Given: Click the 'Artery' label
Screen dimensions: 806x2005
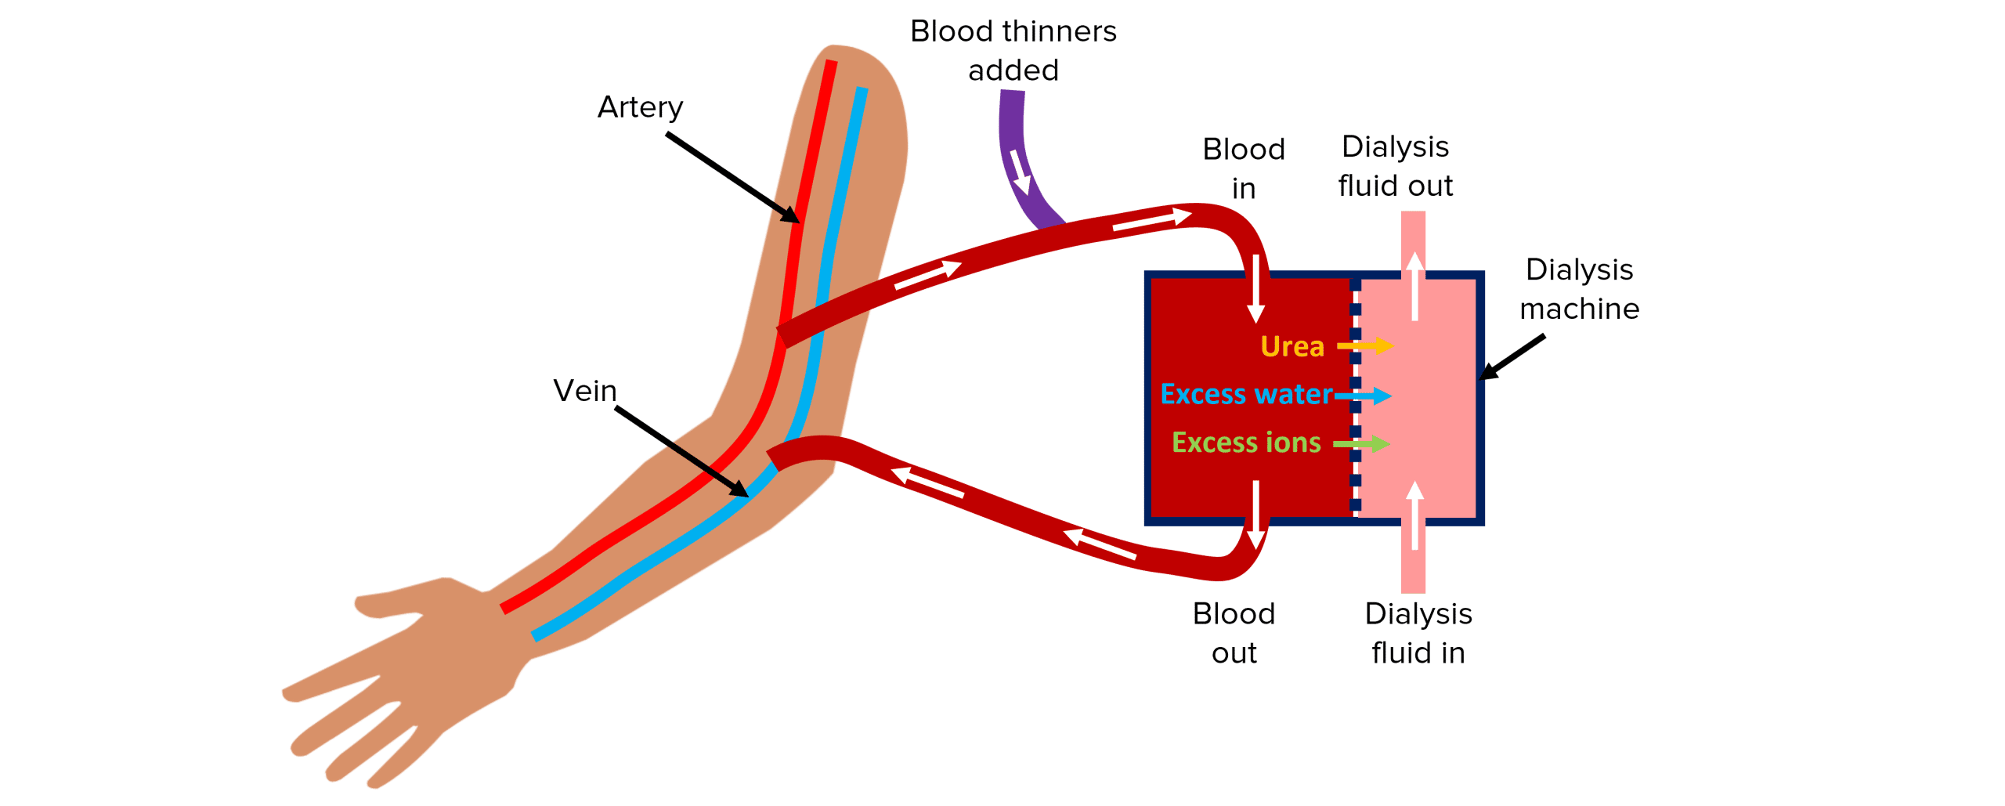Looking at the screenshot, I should pyautogui.click(x=640, y=107).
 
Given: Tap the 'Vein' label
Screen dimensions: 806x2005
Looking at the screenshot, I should pyautogui.click(x=584, y=391).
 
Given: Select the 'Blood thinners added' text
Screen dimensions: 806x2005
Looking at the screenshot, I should pyautogui.click(x=1013, y=51).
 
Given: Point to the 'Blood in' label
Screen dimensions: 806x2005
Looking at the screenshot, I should pyautogui.click(x=1244, y=168).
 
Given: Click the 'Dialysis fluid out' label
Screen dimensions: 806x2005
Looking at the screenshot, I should pyautogui.click(x=1396, y=166).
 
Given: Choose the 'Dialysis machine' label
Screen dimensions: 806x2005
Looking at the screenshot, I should pyautogui.click(x=1579, y=289).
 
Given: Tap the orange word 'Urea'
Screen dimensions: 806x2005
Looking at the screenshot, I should pyautogui.click(x=1292, y=346).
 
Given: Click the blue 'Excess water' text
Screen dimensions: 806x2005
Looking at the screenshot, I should pyautogui.click(x=1246, y=394).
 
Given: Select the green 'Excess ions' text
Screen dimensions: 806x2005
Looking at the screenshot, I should pyautogui.click(x=1246, y=443).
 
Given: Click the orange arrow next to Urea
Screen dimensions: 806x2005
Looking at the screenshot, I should pyautogui.click(x=1365, y=345).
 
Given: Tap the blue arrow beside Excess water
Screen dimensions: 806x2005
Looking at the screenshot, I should pyautogui.click(x=1364, y=396).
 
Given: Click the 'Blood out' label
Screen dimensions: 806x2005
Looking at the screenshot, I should pyautogui.click(x=1234, y=633).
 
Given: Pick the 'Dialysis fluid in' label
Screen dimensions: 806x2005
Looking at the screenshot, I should pyautogui.click(x=1418, y=633).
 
